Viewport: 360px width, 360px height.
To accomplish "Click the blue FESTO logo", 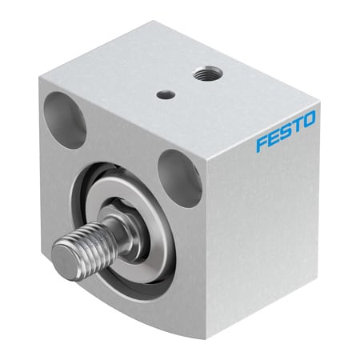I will tap(286, 131).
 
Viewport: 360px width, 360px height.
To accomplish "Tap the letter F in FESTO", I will tap(262, 144).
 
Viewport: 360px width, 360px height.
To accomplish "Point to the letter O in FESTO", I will tap(310, 119).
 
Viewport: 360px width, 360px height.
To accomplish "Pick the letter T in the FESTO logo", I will tap(297, 126).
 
